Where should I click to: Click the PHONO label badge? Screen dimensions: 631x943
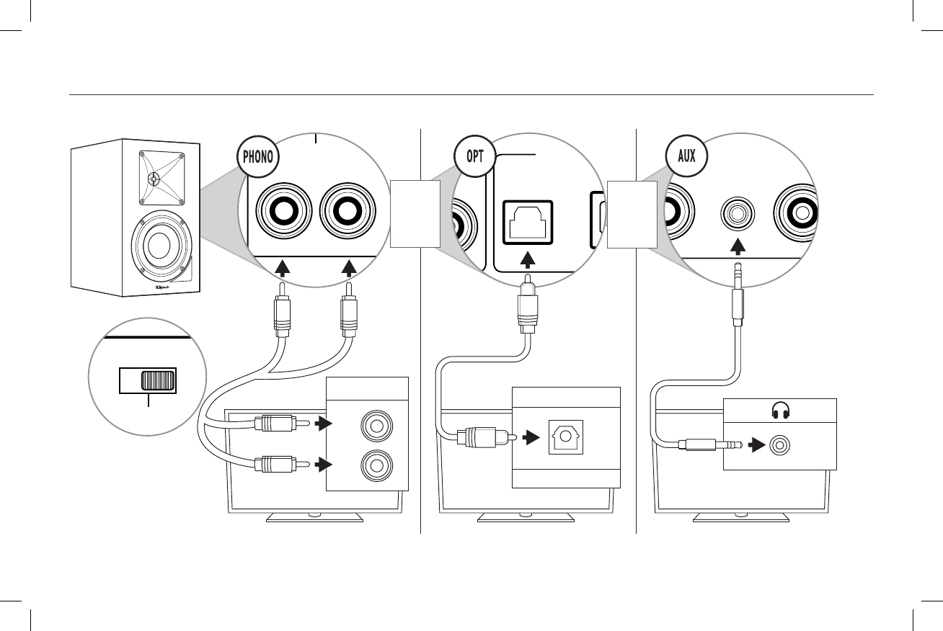click(257, 156)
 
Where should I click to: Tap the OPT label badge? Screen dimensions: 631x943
click(474, 156)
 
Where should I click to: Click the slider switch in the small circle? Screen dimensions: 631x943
click(159, 380)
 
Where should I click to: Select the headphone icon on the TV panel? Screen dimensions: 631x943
click(779, 411)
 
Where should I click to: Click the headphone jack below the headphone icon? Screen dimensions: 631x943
click(779, 446)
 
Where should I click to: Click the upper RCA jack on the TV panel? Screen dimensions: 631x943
click(375, 424)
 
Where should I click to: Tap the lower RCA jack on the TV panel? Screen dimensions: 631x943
click(375, 466)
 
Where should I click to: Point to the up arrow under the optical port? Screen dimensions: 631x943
click(528, 259)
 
